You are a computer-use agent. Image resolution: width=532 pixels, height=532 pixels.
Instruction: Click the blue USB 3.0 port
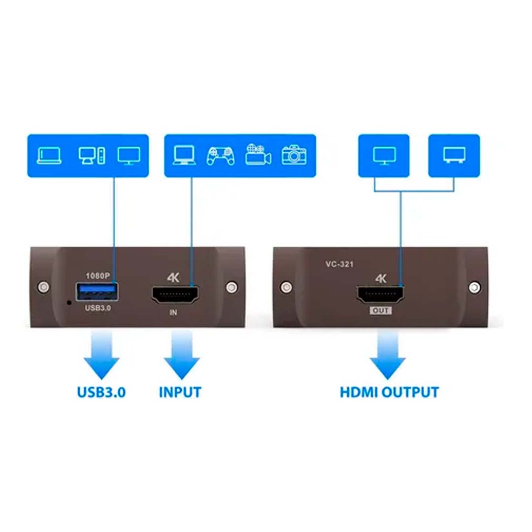coord(97,292)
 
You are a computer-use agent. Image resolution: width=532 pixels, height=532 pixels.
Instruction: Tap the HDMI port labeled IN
coord(175,295)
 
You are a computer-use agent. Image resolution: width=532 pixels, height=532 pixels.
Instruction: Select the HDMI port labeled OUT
coord(380,295)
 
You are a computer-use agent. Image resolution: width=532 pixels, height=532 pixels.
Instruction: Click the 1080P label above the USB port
coord(98,276)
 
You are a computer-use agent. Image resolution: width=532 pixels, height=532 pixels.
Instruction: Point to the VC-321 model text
coord(339,264)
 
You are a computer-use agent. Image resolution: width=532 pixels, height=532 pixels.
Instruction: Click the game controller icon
coord(221,156)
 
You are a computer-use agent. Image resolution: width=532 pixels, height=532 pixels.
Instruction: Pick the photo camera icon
coord(294,155)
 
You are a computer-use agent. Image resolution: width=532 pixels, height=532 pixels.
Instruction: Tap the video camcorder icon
coord(258,155)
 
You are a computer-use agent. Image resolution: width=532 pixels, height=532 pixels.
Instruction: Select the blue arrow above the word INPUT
coord(182,355)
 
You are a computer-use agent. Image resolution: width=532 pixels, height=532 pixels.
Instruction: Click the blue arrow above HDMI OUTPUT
coord(388,355)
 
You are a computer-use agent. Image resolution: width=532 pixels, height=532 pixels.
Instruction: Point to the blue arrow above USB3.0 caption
coord(101,355)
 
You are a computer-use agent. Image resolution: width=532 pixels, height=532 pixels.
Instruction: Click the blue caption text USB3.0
coord(101,392)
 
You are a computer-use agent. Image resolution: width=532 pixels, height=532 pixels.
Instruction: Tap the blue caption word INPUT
coord(180,392)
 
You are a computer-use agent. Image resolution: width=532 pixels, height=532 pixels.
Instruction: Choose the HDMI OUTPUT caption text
coord(389,392)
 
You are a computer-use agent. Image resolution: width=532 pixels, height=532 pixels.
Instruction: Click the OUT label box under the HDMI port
coord(381,310)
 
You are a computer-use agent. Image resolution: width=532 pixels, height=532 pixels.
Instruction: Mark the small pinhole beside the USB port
coord(69,302)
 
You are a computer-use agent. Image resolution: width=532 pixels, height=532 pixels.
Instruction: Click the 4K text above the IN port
coord(173,278)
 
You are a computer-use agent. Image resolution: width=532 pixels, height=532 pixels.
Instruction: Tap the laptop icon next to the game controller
coord(184,155)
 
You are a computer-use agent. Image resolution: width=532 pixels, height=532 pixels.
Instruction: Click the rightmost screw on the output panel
coord(474,287)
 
